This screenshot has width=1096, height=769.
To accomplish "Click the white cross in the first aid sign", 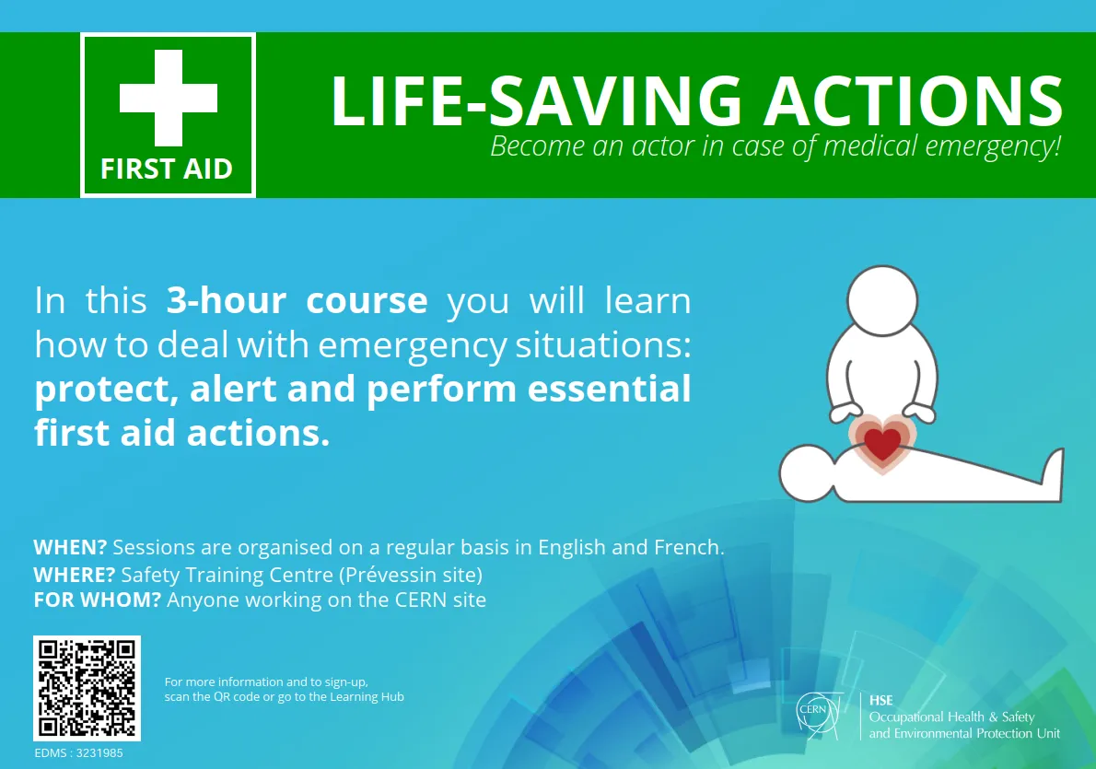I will tap(169, 97).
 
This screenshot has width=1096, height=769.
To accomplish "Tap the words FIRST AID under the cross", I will tap(167, 169).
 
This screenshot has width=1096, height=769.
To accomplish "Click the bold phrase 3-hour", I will tap(221, 301).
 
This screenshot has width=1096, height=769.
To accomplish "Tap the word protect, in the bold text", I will tap(106, 390).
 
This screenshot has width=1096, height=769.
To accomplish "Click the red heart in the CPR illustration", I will tap(882, 442).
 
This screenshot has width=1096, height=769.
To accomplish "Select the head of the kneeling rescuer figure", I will tap(883, 302).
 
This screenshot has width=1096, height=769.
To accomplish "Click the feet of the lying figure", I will tap(1054, 474).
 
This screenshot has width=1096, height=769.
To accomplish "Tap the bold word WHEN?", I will tap(70, 547).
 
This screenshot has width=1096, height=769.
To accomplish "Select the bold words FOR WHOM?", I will tap(98, 600).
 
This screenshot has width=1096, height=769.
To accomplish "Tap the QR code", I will tap(87, 688).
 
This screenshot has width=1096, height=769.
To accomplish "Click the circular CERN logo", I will tap(815, 714).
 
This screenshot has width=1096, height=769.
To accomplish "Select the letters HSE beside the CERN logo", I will tap(881, 701).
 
